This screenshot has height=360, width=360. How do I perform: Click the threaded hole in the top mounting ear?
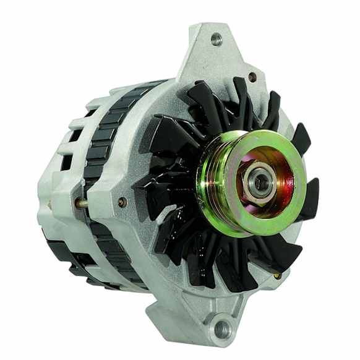tap(216, 40)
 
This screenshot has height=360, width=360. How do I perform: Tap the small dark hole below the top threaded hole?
tap(252, 77)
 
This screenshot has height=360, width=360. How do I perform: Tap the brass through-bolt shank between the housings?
tap(81, 202)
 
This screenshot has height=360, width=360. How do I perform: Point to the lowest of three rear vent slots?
tap(65, 162)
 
